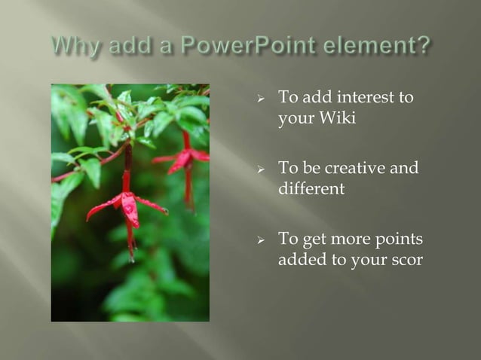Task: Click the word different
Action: point(311,188)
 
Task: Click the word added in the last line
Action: point(302,260)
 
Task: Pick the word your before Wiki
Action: point(296,119)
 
